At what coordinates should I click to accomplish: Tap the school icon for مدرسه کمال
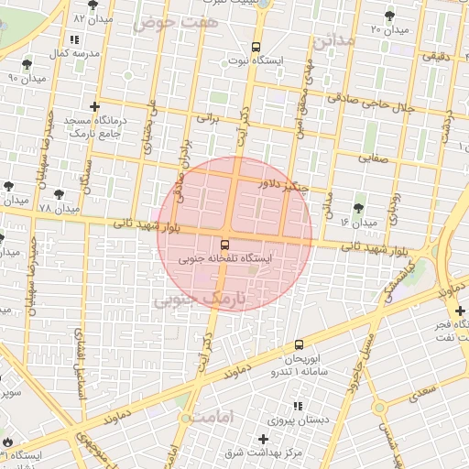tap(74, 40)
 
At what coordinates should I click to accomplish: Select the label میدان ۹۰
tap(26, 78)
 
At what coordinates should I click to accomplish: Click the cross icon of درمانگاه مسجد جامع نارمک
tap(94, 107)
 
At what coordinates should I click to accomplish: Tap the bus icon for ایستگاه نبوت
tap(256, 47)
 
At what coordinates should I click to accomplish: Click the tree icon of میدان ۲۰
tap(390, 16)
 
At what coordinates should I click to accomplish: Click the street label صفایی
tap(373, 157)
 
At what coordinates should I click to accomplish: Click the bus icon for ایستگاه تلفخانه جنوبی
tap(224, 244)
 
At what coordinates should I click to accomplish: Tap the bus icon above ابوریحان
tap(300, 344)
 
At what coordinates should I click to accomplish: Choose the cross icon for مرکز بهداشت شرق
tap(264, 439)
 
